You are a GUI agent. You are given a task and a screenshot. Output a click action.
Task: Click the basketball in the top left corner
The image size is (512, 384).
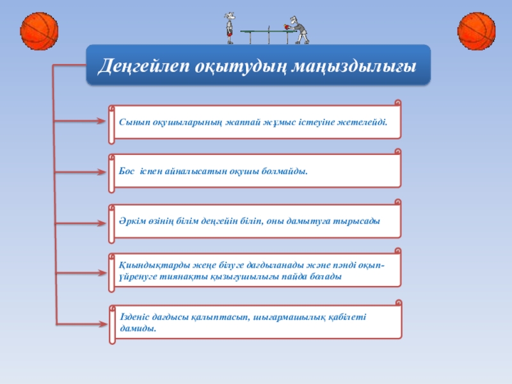point(40,30)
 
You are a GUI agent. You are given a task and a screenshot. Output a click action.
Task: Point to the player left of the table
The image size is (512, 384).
point(229,28)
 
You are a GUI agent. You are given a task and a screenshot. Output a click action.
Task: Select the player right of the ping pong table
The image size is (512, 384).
point(296,29)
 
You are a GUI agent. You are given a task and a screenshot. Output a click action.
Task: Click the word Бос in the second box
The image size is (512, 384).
point(127,172)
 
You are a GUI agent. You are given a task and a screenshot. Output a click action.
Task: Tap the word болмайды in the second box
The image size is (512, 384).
point(285,172)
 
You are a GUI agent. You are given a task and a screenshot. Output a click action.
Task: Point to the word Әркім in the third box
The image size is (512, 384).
point(132,220)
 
